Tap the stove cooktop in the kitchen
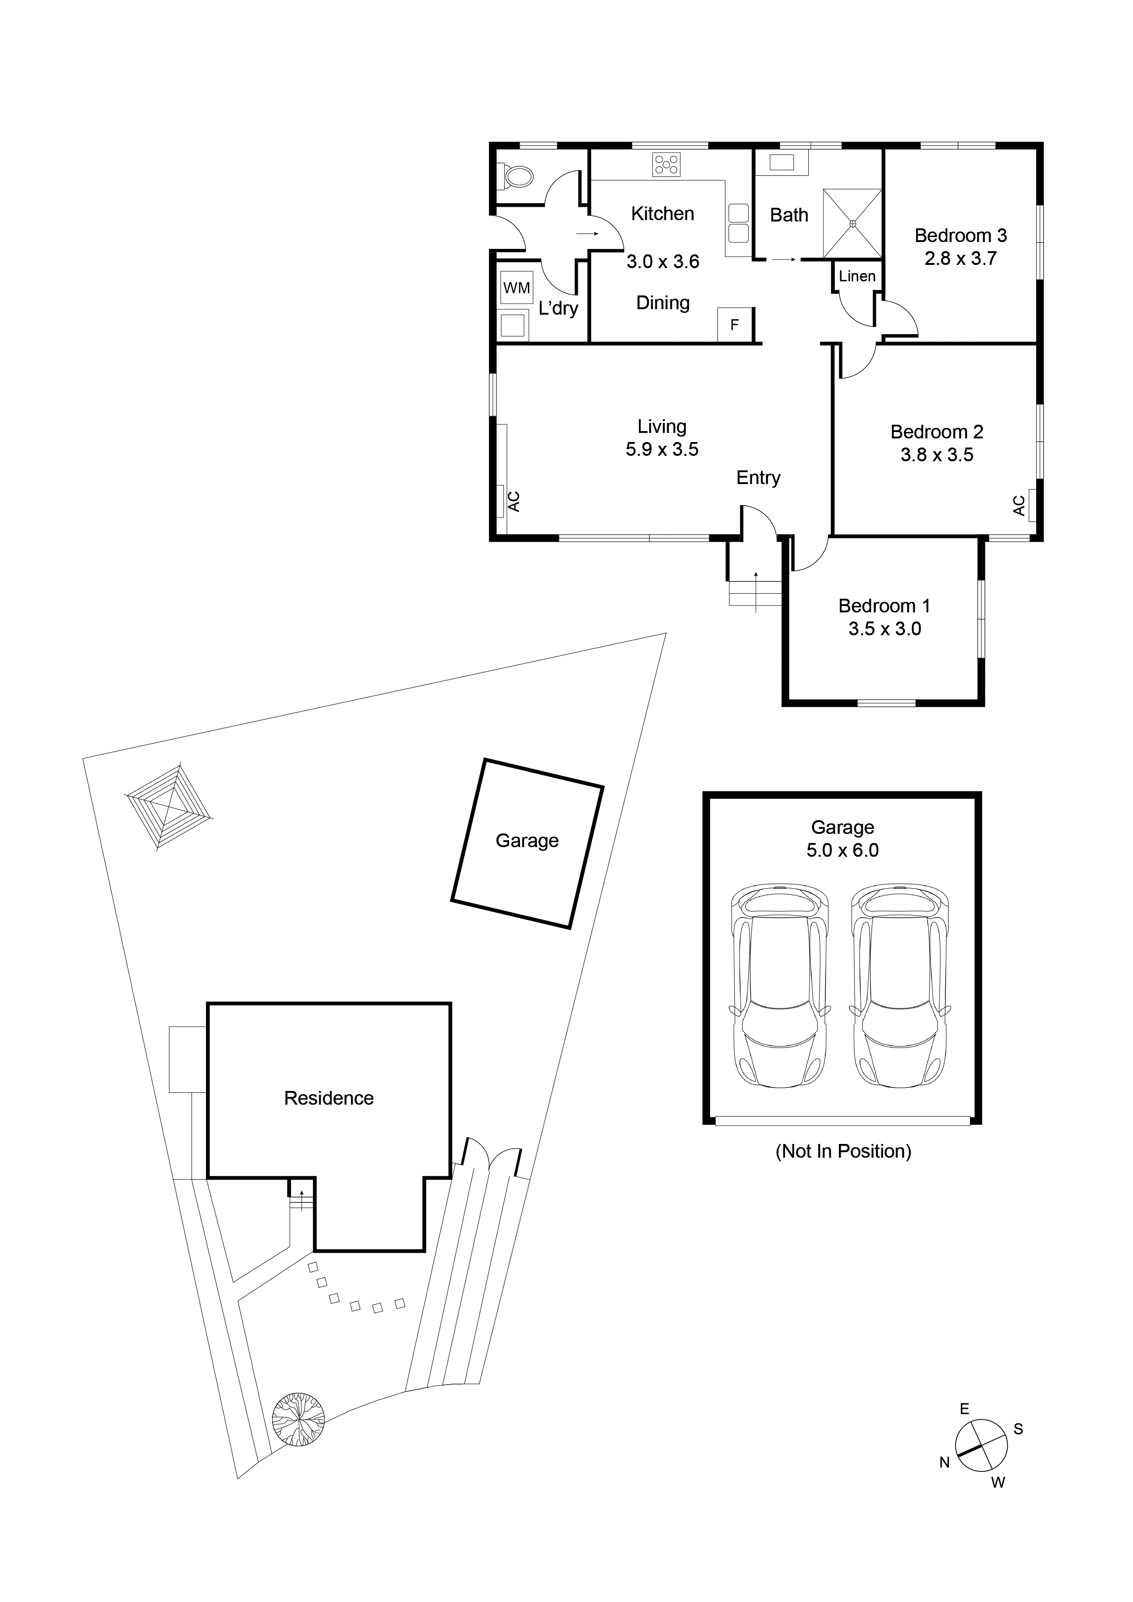coord(666,165)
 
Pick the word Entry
coord(759,478)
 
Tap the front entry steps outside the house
coord(755,595)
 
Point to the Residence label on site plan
coord(329,1098)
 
